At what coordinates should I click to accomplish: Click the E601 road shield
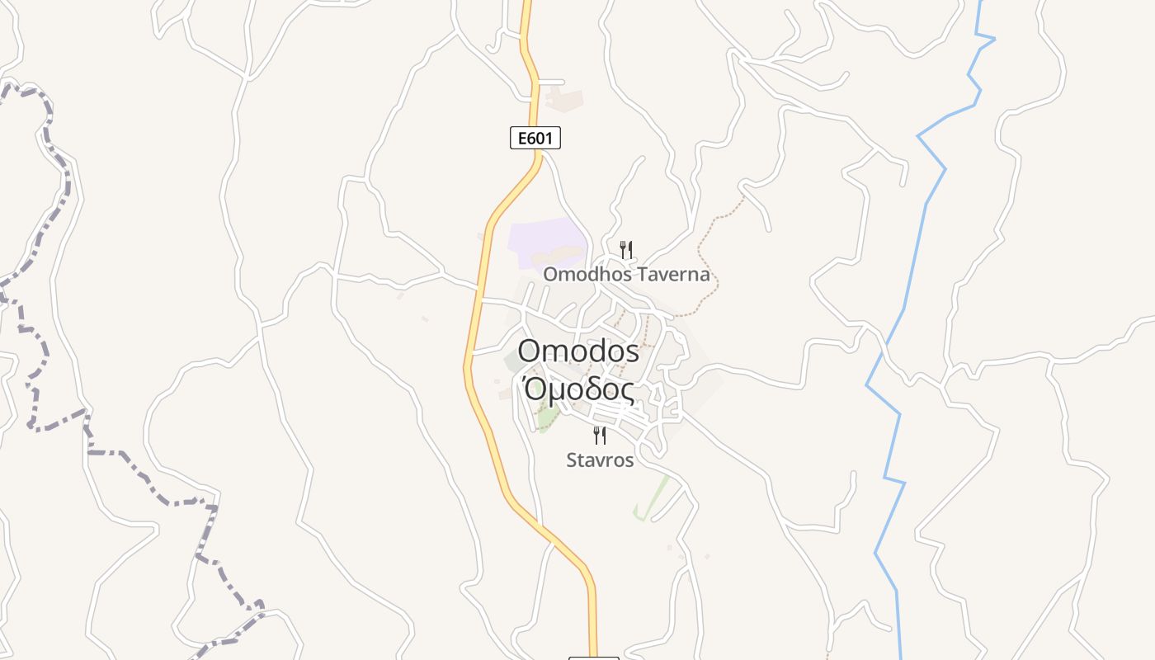(x=535, y=138)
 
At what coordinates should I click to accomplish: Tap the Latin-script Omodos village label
(x=578, y=351)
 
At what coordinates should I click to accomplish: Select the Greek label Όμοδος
(x=580, y=389)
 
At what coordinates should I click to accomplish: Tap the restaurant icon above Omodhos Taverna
(x=626, y=249)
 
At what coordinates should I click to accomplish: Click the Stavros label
(x=600, y=460)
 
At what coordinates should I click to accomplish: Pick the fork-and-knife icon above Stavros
(x=601, y=435)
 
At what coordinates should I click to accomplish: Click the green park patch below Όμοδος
(x=545, y=421)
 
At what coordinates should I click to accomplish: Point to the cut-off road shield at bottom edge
(x=593, y=658)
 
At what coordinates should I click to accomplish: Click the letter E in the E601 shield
(x=521, y=138)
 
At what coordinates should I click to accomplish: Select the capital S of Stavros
(x=572, y=460)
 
